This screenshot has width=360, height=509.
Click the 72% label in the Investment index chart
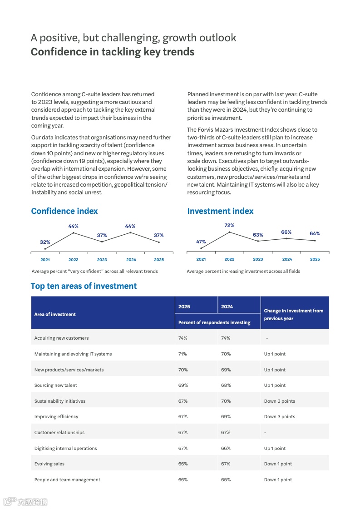pyautogui.click(x=229, y=225)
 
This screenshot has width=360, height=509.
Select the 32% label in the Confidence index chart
pyautogui.click(x=45, y=242)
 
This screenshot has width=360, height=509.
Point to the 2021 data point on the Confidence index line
pyautogui.click(x=45, y=249)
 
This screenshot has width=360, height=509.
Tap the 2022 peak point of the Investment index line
pyautogui.click(x=229, y=232)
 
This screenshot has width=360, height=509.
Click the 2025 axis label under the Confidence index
pyautogui.click(x=159, y=260)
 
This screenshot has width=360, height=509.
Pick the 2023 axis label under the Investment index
pyautogui.click(x=258, y=259)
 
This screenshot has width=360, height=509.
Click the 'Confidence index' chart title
pyautogui.click(x=64, y=211)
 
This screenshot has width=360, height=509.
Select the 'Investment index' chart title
pyautogui.click(x=220, y=211)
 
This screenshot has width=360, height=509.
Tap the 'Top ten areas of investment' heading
pyautogui.click(x=84, y=286)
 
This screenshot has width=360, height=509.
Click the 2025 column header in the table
pyautogui.click(x=184, y=306)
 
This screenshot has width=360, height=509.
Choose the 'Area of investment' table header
pyautogui.click(x=55, y=314)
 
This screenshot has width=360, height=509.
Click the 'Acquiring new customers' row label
pyautogui.click(x=61, y=338)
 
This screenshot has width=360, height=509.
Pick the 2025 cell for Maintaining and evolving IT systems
pyautogui.click(x=182, y=354)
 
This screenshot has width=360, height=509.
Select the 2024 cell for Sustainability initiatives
pyautogui.click(x=226, y=401)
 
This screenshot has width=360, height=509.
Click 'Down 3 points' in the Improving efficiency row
pyautogui.click(x=279, y=416)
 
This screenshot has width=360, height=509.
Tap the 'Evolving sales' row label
pyautogui.click(x=49, y=464)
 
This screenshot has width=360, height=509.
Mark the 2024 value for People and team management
pyautogui.click(x=226, y=479)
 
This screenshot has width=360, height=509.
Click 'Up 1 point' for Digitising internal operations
pyautogui.click(x=275, y=448)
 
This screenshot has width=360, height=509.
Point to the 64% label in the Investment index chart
pyautogui.click(x=315, y=233)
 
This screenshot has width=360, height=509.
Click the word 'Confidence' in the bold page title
pyautogui.click(x=58, y=52)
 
